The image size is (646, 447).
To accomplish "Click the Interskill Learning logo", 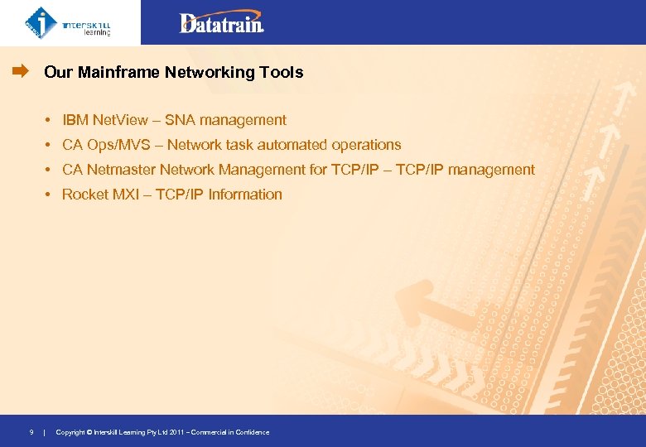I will [68, 22].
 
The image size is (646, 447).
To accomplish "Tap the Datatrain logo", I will [221, 22].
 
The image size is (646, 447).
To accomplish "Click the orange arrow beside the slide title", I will [20, 72].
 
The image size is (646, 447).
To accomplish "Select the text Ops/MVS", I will [118, 145].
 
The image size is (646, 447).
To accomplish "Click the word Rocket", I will [84, 195].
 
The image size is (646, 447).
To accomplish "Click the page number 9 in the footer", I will [31, 432].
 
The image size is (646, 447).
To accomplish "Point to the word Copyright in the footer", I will [70, 432].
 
